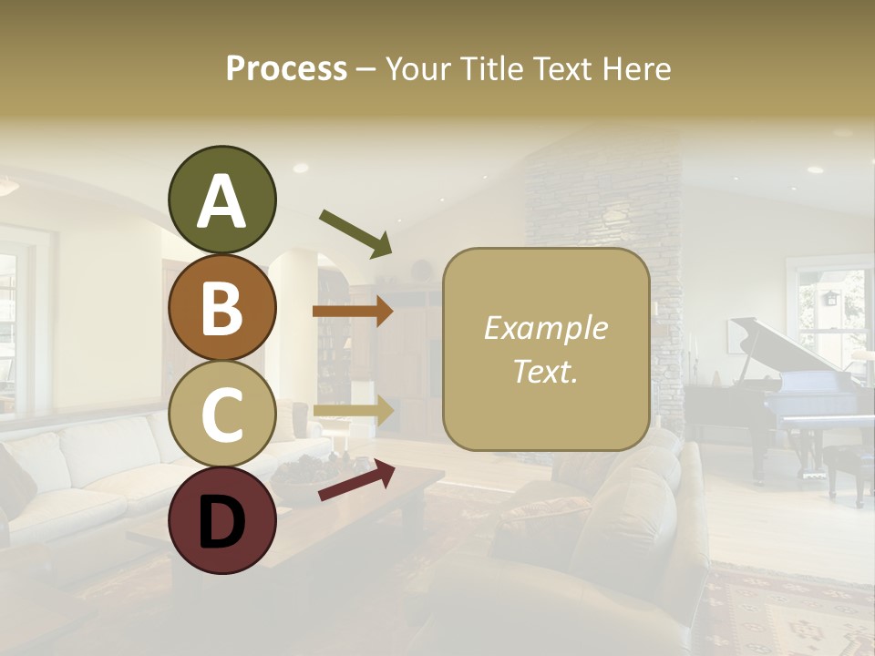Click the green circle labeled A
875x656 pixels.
click(x=221, y=200)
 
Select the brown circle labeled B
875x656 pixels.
click(x=221, y=308)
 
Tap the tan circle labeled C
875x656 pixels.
click(x=221, y=415)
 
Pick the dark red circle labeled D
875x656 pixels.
click(x=221, y=520)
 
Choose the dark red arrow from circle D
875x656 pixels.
click(x=356, y=480)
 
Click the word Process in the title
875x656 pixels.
click(x=286, y=68)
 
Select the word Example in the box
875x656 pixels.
click(x=546, y=328)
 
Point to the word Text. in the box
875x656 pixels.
click(x=546, y=371)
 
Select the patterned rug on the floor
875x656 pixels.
click(x=784, y=610)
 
